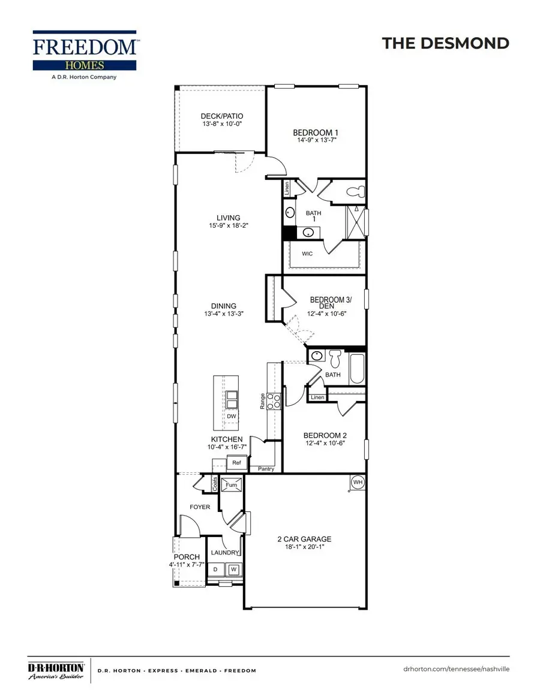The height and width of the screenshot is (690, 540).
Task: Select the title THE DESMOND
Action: tap(445, 43)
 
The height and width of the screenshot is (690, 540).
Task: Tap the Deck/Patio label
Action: tap(222, 116)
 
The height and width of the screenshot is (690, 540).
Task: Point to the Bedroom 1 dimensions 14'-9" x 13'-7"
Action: tap(316, 140)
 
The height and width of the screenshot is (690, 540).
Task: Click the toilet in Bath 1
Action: tap(356, 192)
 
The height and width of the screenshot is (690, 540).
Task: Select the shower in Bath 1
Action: tap(357, 223)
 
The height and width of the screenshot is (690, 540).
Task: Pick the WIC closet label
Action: tap(307, 254)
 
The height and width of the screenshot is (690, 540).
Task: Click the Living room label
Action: tap(229, 218)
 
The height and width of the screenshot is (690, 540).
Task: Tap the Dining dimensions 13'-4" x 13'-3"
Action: tap(223, 314)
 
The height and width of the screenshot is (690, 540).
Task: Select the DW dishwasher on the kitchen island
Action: tap(231, 416)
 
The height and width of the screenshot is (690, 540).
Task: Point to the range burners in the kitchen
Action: tap(274, 401)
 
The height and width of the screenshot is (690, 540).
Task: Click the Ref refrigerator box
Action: tap(236, 463)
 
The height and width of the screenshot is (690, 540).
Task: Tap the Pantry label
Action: tap(266, 469)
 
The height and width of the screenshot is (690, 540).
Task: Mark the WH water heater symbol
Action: tap(358, 482)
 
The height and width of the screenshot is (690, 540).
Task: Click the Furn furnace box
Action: tap(231, 484)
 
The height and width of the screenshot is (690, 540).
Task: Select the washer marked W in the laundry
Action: tap(234, 569)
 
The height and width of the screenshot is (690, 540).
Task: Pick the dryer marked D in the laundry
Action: tap(216, 569)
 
